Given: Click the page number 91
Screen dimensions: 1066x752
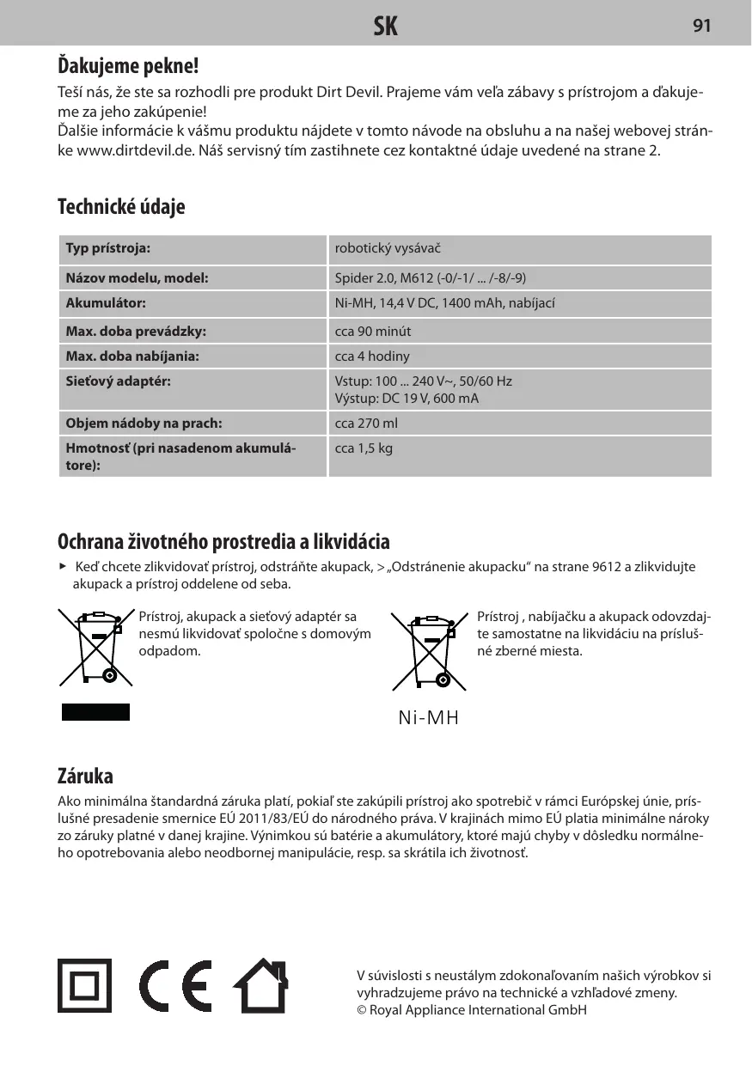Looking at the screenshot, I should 701,26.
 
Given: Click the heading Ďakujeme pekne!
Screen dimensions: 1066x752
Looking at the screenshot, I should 128,64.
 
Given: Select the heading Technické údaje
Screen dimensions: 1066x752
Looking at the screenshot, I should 121,207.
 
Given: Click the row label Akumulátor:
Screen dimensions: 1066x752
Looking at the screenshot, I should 107,303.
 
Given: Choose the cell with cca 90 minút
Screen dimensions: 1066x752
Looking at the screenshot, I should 373,331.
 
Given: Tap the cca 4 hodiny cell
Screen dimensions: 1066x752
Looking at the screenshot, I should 372,356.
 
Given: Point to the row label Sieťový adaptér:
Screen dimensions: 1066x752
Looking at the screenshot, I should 119,381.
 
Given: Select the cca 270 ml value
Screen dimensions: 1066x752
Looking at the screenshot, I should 366,423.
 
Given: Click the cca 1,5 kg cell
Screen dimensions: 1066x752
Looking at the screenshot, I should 364,448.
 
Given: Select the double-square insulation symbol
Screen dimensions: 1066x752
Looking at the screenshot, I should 84,985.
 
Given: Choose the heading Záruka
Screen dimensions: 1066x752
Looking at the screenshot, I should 85,777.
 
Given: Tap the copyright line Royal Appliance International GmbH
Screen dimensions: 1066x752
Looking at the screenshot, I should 472,1009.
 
